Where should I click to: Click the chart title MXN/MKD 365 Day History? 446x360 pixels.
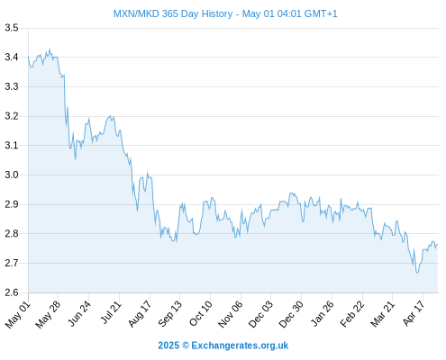pos(173,13)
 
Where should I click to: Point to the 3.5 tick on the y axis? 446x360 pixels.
pos(12,28)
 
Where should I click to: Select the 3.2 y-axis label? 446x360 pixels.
pos(12,116)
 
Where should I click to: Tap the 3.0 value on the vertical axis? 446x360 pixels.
pos(12,175)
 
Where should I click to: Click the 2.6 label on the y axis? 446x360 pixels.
pos(12,292)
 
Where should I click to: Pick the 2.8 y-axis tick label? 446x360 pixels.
pos(12,233)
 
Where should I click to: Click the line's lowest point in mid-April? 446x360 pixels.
pos(417,273)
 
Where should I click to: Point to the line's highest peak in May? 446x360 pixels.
pos(50,49)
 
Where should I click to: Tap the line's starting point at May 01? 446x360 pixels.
pos(29,57)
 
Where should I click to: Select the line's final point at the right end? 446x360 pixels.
pos(438,244)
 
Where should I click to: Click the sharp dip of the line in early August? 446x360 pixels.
pos(137,211)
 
